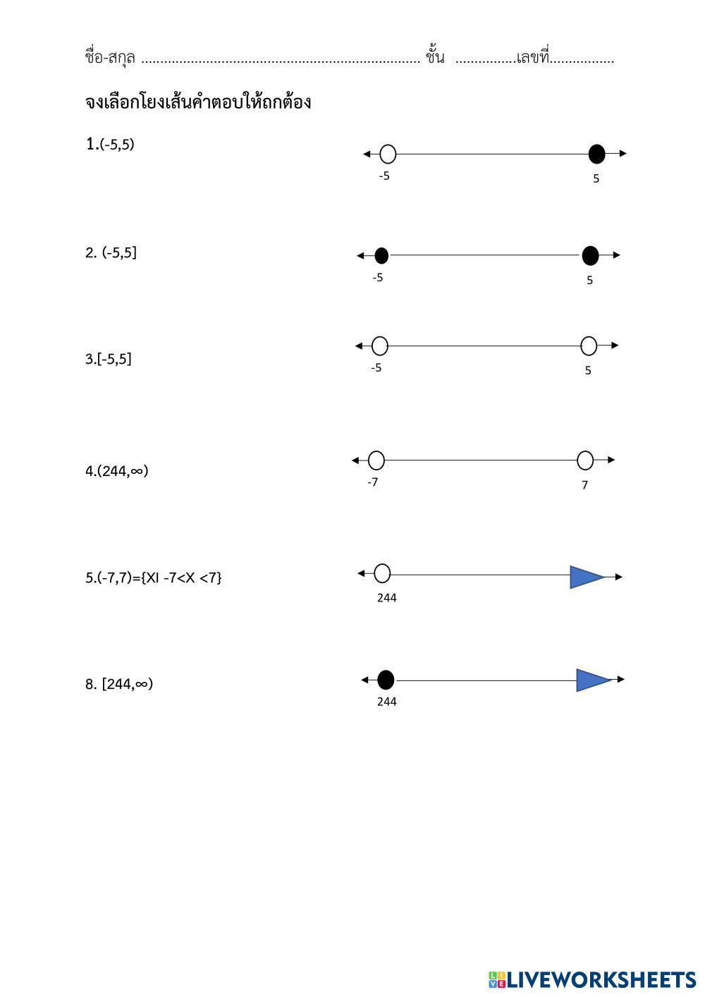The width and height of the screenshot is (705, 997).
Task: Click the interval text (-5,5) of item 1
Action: [x=117, y=145]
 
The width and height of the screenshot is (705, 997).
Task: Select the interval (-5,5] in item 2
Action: [x=119, y=253]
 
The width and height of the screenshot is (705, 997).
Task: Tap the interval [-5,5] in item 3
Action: [x=114, y=359]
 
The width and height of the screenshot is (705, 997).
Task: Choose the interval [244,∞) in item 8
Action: [x=128, y=684]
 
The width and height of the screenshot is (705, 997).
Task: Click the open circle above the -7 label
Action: [x=376, y=460]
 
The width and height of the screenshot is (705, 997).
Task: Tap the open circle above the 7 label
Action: [x=585, y=460]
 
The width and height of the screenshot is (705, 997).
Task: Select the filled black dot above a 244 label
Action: [x=386, y=680]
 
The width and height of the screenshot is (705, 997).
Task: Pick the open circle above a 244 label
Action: [x=382, y=573]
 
